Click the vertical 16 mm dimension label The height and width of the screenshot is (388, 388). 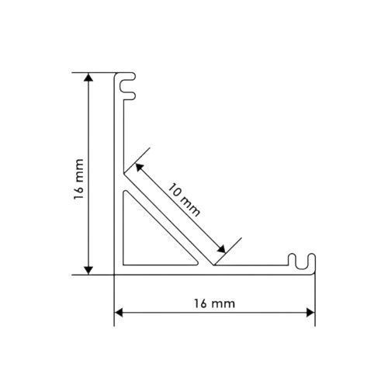(x=79, y=179)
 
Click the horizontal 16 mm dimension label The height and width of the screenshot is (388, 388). (x=215, y=303)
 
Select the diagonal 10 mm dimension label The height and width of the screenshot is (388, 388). (x=184, y=199)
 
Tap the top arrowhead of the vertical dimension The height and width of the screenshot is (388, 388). (x=88, y=78)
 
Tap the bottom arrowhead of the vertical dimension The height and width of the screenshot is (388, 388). (x=88, y=270)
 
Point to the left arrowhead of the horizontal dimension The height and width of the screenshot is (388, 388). (x=119, y=313)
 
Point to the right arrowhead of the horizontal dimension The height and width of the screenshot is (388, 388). (x=310, y=313)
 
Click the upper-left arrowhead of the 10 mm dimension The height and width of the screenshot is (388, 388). (x=139, y=167)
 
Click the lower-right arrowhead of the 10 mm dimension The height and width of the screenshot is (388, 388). (x=222, y=249)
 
